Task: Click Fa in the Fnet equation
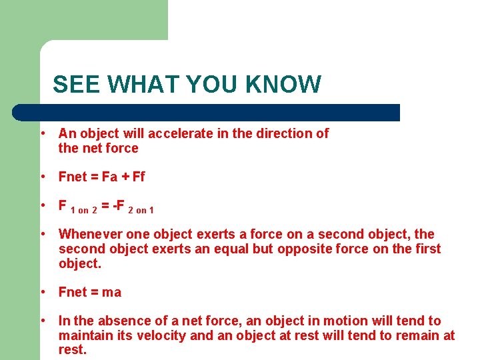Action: [109, 177]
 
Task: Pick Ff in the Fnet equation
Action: [138, 177]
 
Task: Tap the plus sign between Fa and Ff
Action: [125, 177]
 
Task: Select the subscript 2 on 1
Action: [141, 210]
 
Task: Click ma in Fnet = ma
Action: [112, 292]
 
